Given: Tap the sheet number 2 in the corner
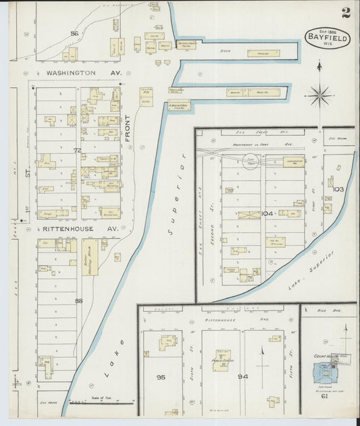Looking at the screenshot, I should pyautogui.click(x=345, y=12).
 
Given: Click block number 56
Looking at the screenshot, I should pyautogui.click(x=74, y=33).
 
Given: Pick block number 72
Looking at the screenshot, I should pyautogui.click(x=77, y=150).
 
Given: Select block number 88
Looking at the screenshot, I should pyautogui.click(x=78, y=300).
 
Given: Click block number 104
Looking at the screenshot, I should pyautogui.click(x=267, y=213).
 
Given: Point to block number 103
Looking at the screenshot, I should pyautogui.click(x=338, y=189).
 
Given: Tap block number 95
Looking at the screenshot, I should pyautogui.click(x=161, y=377).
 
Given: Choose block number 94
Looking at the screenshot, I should pyautogui.click(x=242, y=377).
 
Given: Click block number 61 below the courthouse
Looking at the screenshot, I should pyautogui.click(x=324, y=396).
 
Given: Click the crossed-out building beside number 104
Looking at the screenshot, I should pyautogui.click(x=249, y=215).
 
